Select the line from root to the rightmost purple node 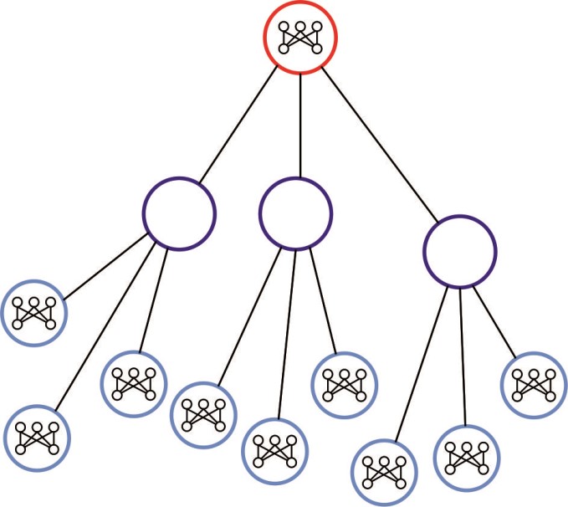coord(376,146)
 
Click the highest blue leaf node coord(33,313)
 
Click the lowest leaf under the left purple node coord(36,435)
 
